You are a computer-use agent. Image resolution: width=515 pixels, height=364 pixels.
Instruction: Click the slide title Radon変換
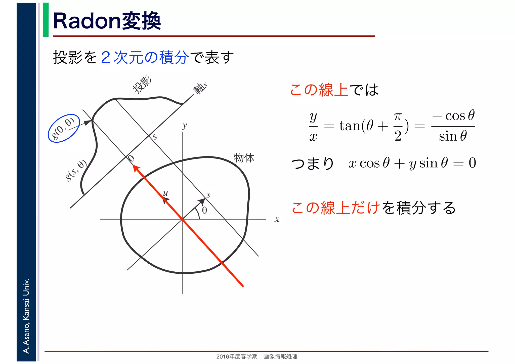pyautogui.click(x=107, y=21)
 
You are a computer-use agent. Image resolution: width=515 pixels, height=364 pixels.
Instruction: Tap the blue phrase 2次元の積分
pyautogui.click(x=145, y=57)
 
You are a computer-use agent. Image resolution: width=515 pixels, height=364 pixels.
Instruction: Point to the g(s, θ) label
pyautogui.click(x=76, y=170)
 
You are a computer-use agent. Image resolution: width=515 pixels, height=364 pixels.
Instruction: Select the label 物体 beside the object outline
pyautogui.click(x=244, y=158)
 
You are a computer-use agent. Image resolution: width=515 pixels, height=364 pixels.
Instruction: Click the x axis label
pyautogui.click(x=277, y=219)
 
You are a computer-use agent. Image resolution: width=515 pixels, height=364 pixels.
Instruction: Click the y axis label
pyautogui.click(x=185, y=126)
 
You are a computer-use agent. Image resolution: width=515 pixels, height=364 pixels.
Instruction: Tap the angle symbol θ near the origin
pyautogui.click(x=204, y=211)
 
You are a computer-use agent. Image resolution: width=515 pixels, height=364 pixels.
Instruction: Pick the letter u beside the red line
pyautogui.click(x=165, y=193)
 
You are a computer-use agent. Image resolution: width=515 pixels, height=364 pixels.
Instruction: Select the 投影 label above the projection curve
pyautogui.click(x=142, y=84)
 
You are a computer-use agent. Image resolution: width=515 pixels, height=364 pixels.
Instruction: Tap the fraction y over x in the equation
pyautogui.click(x=313, y=127)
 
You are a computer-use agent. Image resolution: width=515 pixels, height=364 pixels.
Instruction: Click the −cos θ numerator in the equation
pyautogui.click(x=453, y=116)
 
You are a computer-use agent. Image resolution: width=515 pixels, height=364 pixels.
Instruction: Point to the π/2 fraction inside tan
pyautogui.click(x=398, y=127)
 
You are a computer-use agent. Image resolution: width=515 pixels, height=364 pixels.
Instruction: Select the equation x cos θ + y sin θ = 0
pyautogui.click(x=412, y=163)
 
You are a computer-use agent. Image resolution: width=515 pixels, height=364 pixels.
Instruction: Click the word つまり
pyautogui.click(x=313, y=164)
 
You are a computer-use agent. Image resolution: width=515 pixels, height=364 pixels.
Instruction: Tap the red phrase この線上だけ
pyautogui.click(x=335, y=208)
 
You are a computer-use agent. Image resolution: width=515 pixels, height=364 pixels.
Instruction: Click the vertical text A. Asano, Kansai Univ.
pyautogui.click(x=26, y=316)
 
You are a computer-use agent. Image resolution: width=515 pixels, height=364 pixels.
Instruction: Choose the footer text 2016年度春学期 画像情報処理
pyautogui.click(x=257, y=356)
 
